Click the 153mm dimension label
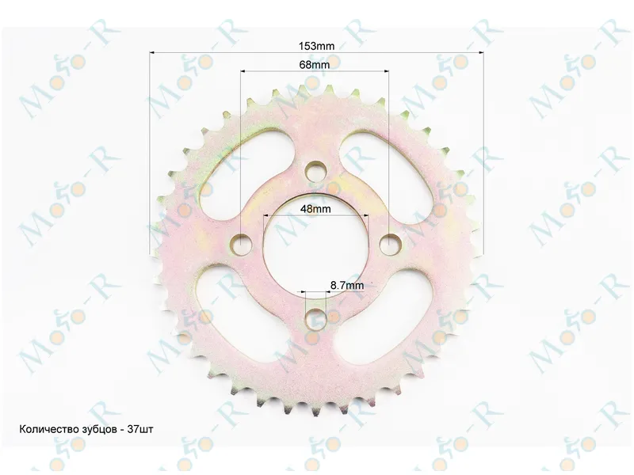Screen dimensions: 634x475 (x=316, y=46)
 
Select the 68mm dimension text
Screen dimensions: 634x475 (x=315, y=65)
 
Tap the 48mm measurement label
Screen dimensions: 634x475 (x=315, y=209)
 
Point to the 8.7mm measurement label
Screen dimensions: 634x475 (x=347, y=285)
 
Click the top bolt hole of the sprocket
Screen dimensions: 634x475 (x=316, y=171)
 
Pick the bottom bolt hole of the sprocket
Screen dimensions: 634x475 (x=315, y=318)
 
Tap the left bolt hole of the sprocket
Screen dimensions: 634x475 (x=241, y=245)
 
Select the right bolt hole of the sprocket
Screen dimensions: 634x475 (x=390, y=245)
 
